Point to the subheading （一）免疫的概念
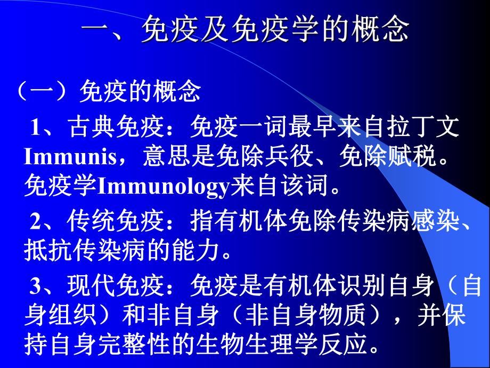pos(109,91)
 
